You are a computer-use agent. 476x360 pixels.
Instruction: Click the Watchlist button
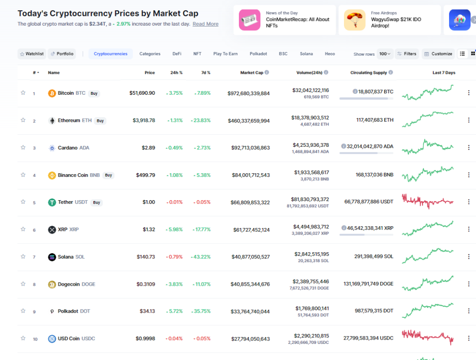click(x=32, y=54)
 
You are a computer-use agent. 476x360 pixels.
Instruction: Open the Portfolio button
click(x=62, y=54)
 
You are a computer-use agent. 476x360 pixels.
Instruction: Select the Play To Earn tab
click(x=225, y=54)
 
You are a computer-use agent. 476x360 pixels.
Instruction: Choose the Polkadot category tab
click(x=258, y=54)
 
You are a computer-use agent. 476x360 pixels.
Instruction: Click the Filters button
click(x=407, y=54)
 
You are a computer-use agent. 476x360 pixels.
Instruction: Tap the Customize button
click(x=438, y=54)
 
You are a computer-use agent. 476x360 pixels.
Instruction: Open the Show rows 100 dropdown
click(x=385, y=54)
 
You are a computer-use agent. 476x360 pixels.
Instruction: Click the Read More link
click(x=205, y=24)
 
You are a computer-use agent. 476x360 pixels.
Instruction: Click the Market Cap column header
click(x=251, y=72)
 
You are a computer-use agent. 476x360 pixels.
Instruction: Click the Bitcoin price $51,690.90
click(x=142, y=93)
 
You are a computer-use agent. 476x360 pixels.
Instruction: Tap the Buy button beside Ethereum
click(x=100, y=121)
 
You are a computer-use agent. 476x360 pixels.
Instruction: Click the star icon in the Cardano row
click(x=23, y=147)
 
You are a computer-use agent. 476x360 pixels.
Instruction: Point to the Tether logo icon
click(x=52, y=203)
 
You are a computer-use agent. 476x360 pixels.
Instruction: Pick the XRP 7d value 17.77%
click(x=200, y=229)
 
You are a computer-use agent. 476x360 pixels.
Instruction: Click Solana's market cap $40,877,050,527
click(x=250, y=257)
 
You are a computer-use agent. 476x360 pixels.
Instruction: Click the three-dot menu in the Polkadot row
click(x=469, y=311)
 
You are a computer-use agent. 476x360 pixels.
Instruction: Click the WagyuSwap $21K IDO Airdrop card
click(x=390, y=20)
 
